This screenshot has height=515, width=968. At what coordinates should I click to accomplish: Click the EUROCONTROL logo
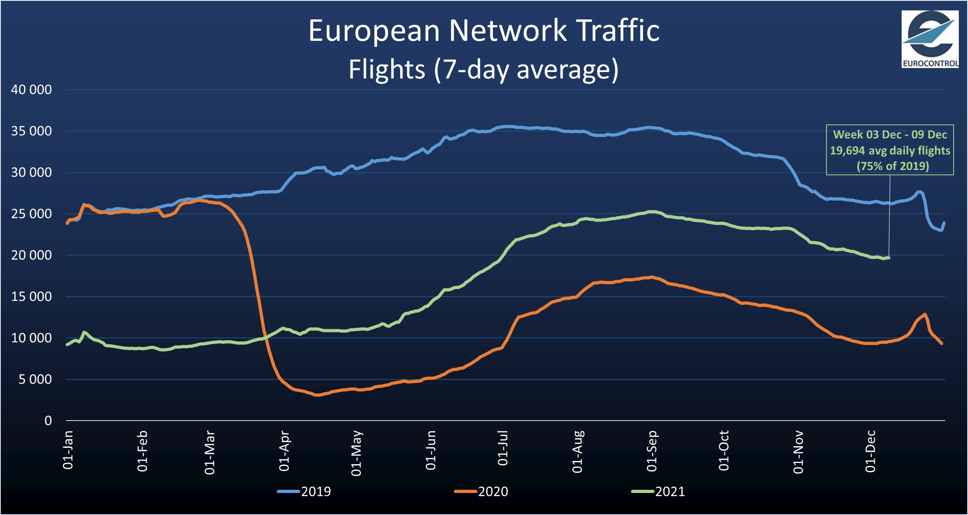930,39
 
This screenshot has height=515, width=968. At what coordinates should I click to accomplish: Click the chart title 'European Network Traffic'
484,31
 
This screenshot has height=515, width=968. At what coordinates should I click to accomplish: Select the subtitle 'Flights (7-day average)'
484,69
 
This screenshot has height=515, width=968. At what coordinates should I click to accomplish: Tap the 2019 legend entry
305,491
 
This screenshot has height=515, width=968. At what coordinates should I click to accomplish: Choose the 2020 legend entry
482,491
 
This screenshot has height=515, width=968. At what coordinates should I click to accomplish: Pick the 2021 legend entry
659,491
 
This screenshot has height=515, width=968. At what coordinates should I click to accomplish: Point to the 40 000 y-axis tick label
31,89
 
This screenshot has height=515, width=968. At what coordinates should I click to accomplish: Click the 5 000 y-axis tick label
35,379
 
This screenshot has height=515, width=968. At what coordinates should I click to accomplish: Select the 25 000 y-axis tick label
31,214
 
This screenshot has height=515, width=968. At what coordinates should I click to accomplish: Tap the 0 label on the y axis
48,421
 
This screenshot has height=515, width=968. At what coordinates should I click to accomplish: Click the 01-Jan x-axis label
68,450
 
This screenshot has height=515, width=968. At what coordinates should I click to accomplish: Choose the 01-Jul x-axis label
503,448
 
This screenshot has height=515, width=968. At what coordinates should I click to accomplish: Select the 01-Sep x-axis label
652,451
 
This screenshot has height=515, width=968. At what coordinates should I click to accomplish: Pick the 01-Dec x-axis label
870,451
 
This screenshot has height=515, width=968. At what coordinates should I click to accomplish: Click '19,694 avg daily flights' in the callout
890,150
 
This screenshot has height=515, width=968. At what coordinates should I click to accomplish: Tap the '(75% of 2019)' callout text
892,166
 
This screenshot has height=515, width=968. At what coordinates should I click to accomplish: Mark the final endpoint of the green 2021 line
888,258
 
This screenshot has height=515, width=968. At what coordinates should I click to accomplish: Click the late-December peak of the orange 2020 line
925,314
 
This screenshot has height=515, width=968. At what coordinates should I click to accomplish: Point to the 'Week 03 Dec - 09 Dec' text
890,134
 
